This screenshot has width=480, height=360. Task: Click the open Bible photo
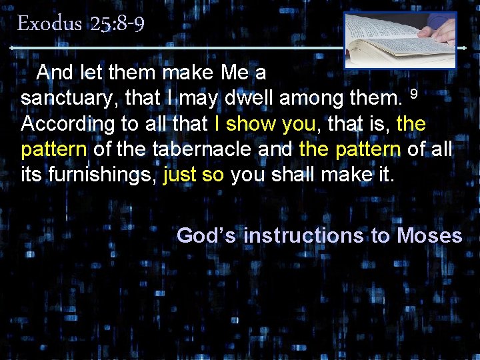[x=400, y=40]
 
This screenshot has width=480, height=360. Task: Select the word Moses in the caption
[x=429, y=235]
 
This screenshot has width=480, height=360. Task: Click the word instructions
[x=303, y=235]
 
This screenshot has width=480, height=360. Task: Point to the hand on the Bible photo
[x=440, y=30]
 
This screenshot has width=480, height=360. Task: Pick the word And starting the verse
[x=55, y=72]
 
